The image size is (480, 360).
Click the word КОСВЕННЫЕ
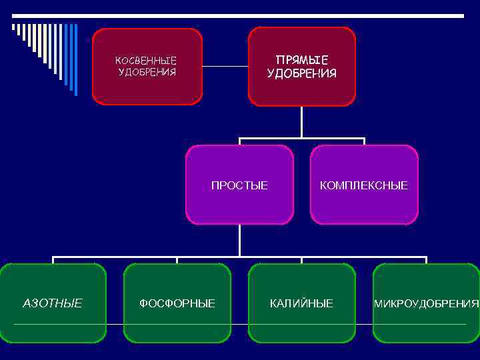click(146, 61)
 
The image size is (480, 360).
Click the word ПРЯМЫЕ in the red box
click(301, 61)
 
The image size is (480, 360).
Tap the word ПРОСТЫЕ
click(239, 185)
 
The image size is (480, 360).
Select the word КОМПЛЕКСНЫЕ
click(363, 185)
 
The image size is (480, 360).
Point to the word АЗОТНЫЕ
click(53, 303)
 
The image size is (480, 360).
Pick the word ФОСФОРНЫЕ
click(177, 303)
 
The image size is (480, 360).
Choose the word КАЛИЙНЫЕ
click(301, 303)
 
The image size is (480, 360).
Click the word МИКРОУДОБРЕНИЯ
click(426, 304)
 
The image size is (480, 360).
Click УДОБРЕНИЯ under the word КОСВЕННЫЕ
click(147, 72)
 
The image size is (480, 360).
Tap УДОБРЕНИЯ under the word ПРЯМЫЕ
click(301, 73)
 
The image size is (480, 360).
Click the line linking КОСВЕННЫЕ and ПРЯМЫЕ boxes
click(225, 66)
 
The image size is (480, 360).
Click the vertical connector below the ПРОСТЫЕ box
click(239, 240)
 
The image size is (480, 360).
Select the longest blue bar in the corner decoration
click(75, 60)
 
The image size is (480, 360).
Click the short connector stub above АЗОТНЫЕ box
click(53, 260)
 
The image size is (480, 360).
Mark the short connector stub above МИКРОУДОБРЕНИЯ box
click(426, 260)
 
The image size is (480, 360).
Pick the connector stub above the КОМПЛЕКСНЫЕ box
click(364, 141)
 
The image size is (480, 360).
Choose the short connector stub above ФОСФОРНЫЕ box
click(177, 260)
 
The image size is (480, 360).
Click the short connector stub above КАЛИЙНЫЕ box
click(301, 260)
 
